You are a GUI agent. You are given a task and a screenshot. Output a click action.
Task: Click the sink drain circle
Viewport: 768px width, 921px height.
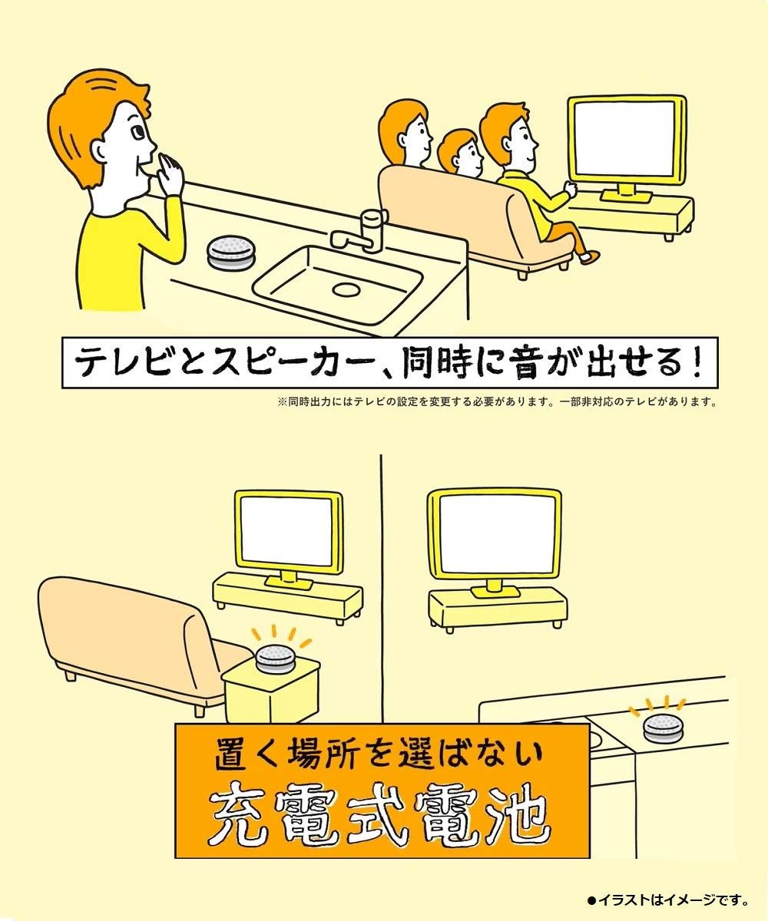(346, 289)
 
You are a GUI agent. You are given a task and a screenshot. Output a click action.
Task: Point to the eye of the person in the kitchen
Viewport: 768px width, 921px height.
(137, 133)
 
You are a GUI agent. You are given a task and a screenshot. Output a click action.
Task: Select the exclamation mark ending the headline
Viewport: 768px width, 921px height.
(697, 361)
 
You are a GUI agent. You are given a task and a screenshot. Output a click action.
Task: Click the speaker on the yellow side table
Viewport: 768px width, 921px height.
(276, 658)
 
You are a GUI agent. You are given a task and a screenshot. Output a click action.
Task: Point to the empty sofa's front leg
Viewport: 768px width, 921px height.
(71, 676)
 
